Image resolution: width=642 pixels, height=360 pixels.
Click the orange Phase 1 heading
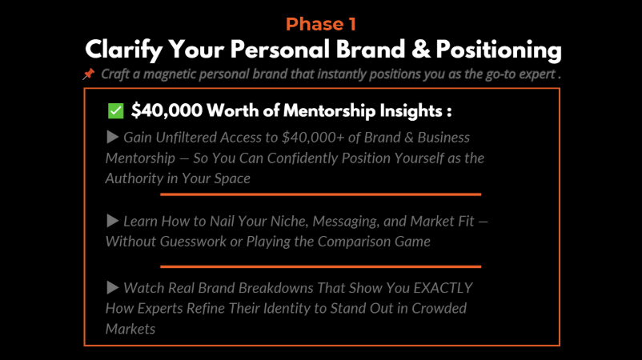(320, 24)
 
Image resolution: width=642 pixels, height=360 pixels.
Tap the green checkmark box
(115, 111)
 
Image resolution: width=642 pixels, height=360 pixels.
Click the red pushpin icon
(88, 74)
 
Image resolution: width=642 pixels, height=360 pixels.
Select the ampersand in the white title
(421, 50)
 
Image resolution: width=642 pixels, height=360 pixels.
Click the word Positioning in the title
(499, 50)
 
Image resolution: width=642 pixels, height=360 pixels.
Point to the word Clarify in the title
(124, 50)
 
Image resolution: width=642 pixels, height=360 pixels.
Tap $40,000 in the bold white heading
(167, 111)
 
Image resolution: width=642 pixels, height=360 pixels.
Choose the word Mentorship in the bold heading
(329, 111)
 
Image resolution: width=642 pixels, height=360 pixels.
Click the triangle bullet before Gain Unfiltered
(113, 137)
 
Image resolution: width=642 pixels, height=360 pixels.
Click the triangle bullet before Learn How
(113, 221)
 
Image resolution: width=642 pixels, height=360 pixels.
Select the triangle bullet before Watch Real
(113, 287)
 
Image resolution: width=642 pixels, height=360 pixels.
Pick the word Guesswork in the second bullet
(193, 242)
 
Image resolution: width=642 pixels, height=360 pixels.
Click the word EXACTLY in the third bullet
(443, 288)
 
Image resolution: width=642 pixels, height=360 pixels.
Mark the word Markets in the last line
(130, 329)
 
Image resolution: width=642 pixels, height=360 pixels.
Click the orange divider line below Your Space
(320, 194)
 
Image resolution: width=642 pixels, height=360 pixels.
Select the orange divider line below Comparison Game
(320, 266)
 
